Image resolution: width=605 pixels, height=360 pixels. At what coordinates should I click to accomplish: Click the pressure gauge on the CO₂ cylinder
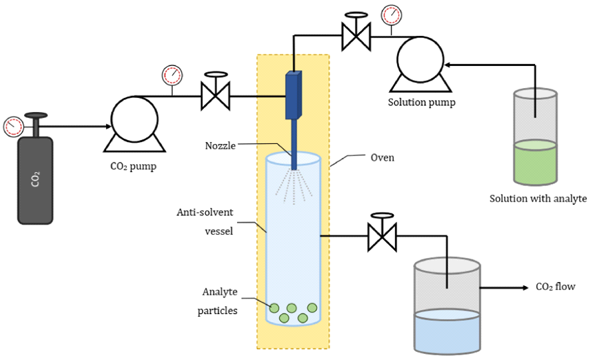click(13, 125)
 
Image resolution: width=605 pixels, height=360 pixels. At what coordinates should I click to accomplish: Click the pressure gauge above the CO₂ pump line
click(172, 75)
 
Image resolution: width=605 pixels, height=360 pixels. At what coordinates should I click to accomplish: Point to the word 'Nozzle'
click(221, 146)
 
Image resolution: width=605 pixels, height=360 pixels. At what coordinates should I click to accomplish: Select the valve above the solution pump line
click(356, 33)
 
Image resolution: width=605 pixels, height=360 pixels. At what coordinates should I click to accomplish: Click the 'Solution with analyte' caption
click(538, 198)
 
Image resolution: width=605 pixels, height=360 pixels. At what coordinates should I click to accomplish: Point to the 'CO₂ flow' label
click(555, 287)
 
